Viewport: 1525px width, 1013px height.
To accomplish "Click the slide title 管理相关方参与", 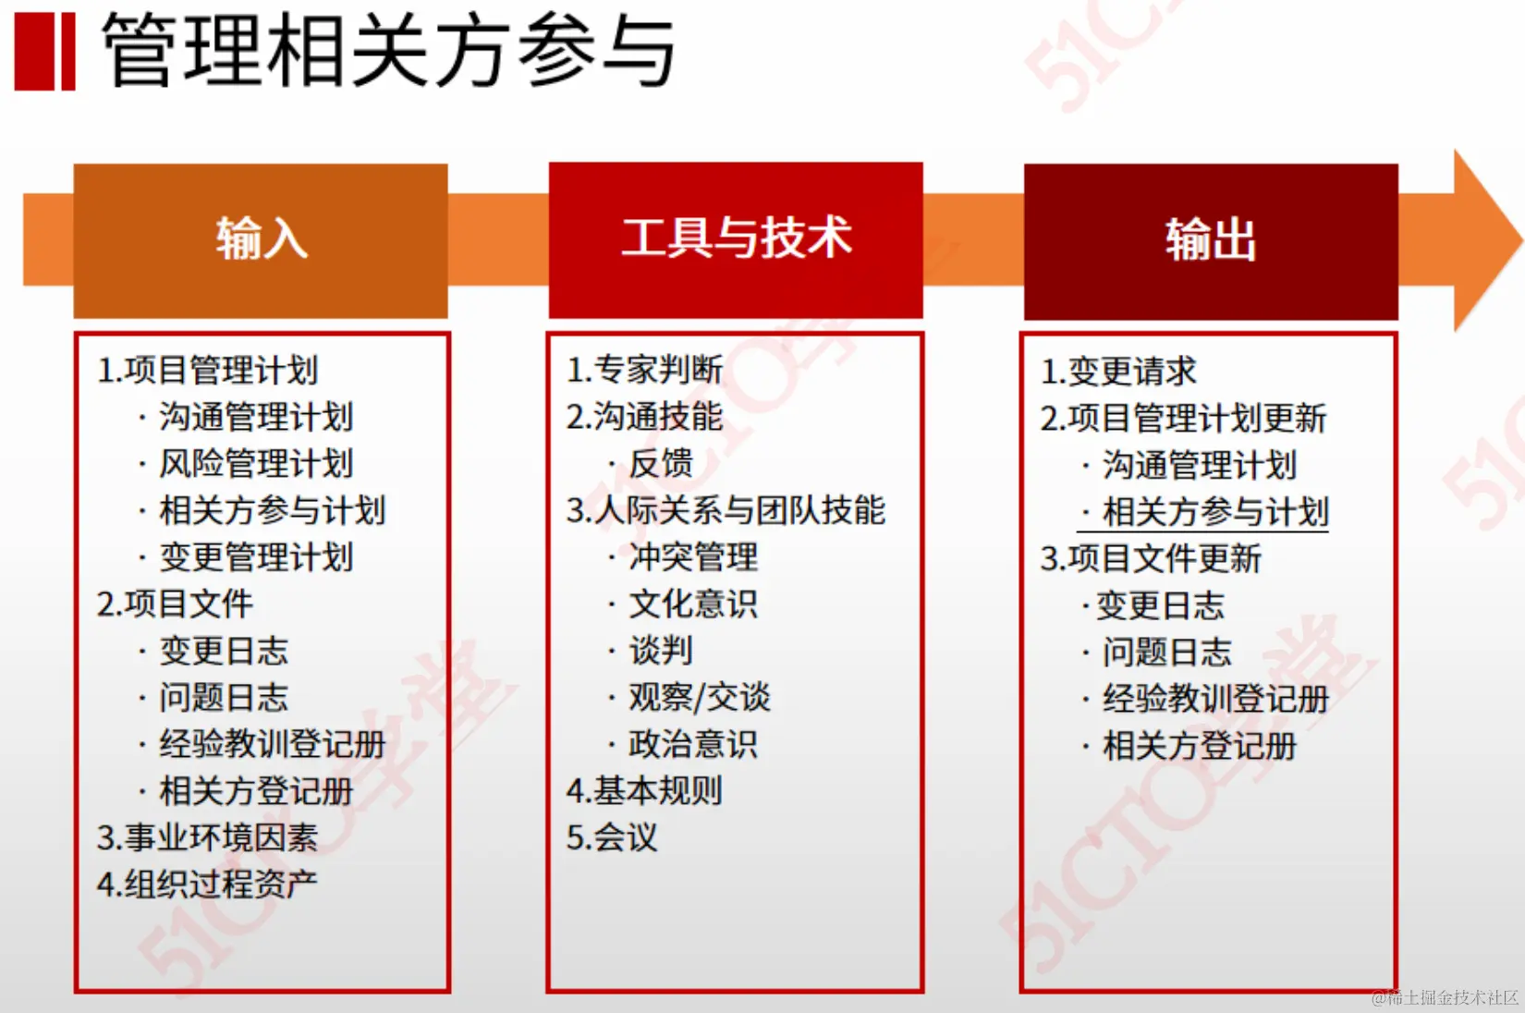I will pos(388,51).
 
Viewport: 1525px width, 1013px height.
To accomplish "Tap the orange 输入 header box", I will pos(261,240).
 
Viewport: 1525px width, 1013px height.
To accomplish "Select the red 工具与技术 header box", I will pos(736,239).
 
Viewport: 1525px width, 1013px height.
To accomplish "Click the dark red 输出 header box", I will pos(1211,241).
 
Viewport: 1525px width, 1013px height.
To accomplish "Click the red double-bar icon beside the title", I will pos(44,52).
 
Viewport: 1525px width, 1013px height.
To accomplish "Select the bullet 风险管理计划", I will pos(256,464).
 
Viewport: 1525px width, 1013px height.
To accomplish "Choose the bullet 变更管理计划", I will pos(256,557).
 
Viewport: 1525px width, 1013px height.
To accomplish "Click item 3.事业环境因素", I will pos(208,837).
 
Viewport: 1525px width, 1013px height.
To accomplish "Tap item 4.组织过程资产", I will pos(208,885).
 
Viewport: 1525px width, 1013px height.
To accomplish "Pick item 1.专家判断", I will pos(645,370).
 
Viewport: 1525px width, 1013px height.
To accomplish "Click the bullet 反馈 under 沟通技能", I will pos(661,464).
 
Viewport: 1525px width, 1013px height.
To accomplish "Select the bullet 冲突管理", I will pos(693,557).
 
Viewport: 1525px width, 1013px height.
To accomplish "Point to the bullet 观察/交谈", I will pos(700,697).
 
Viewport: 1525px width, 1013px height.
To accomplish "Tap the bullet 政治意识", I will pos(693,744).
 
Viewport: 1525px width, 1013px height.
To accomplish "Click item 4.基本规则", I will pos(645,791).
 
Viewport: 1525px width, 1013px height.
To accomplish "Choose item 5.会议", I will pos(613,837).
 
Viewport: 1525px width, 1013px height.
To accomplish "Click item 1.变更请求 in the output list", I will pos(1118,372).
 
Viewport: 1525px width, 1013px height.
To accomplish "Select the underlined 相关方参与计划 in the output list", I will pos(1215,512).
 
